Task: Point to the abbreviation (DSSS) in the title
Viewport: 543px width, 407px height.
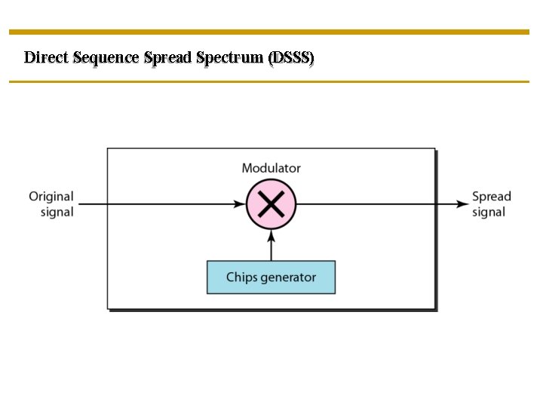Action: click(x=291, y=57)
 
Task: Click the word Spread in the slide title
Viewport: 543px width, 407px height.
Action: click(x=167, y=58)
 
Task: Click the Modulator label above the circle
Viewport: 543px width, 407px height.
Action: click(x=271, y=168)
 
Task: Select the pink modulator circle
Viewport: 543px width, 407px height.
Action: click(x=271, y=203)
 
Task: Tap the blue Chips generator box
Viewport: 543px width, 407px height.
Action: click(x=271, y=277)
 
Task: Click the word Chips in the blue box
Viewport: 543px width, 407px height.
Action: click(x=242, y=277)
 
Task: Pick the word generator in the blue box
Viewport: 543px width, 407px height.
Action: click(x=288, y=277)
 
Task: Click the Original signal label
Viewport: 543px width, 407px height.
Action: click(x=52, y=204)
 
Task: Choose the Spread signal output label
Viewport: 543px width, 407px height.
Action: click(x=491, y=204)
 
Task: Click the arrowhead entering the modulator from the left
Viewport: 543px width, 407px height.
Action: click(x=241, y=203)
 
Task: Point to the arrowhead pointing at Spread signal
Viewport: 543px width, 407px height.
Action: click(x=462, y=203)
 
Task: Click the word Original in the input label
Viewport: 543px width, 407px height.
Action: click(x=51, y=197)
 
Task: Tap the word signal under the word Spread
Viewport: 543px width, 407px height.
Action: click(x=489, y=213)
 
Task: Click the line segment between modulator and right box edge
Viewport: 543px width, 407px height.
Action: click(x=366, y=203)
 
